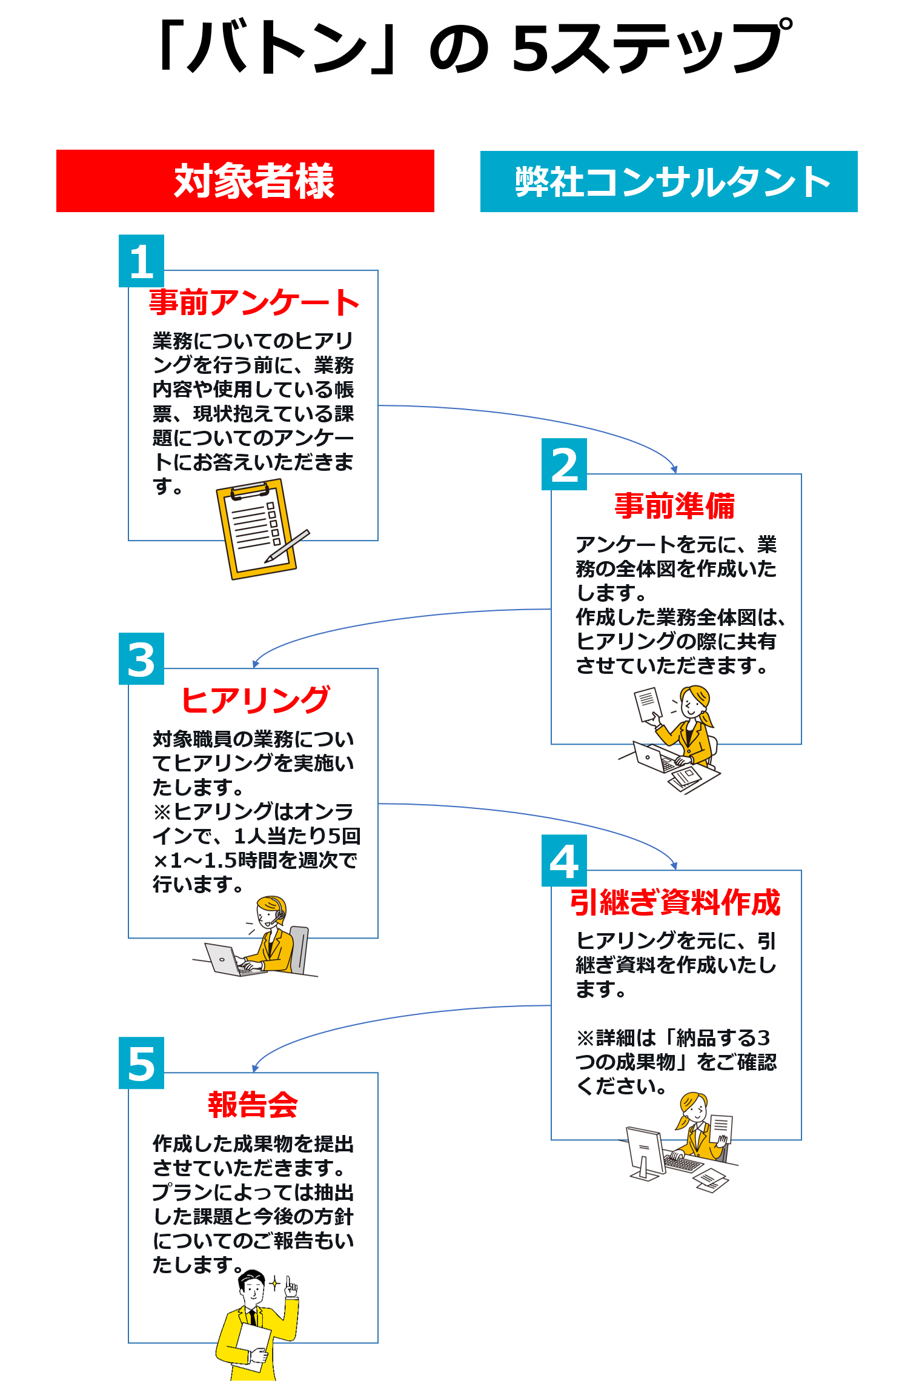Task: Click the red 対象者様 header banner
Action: [245, 181]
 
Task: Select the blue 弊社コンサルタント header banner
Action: [669, 182]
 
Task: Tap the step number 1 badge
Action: [142, 261]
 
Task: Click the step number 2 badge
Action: [564, 465]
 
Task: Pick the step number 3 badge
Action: [142, 659]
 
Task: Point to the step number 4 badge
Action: [564, 861]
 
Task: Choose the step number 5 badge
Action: [142, 1063]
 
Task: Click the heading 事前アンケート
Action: [254, 302]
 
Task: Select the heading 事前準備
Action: [675, 505]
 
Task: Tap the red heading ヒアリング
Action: [255, 700]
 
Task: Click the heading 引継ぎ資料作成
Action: [675, 902]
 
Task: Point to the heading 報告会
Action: [253, 1105]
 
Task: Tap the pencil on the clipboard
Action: [287, 546]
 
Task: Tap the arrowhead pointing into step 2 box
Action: [674, 469]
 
